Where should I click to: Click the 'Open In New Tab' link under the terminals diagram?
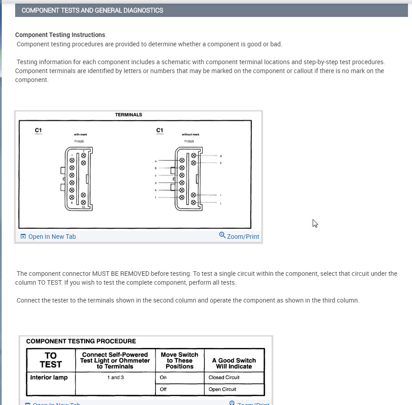pos(52,237)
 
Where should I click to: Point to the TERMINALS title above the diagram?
pos(129,115)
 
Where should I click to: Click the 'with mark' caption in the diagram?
pos(81,135)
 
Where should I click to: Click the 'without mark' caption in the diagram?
pos(191,135)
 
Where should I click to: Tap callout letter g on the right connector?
pos(221,156)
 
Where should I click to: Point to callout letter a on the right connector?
pos(156,160)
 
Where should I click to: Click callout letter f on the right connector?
pos(156,197)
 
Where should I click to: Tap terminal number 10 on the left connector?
pos(84,207)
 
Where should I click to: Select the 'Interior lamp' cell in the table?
pos(49,377)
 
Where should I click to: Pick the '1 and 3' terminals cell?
pos(115,377)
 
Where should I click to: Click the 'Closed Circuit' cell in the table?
pos(224,377)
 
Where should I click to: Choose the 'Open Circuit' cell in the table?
pos(222,389)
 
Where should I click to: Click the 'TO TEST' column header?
pos(51,360)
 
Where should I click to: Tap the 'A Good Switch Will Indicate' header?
pos(234,363)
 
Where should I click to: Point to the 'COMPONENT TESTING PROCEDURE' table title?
pos(81,341)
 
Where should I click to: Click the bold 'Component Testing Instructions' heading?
pos(60,35)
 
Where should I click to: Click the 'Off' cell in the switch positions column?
pos(163,389)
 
